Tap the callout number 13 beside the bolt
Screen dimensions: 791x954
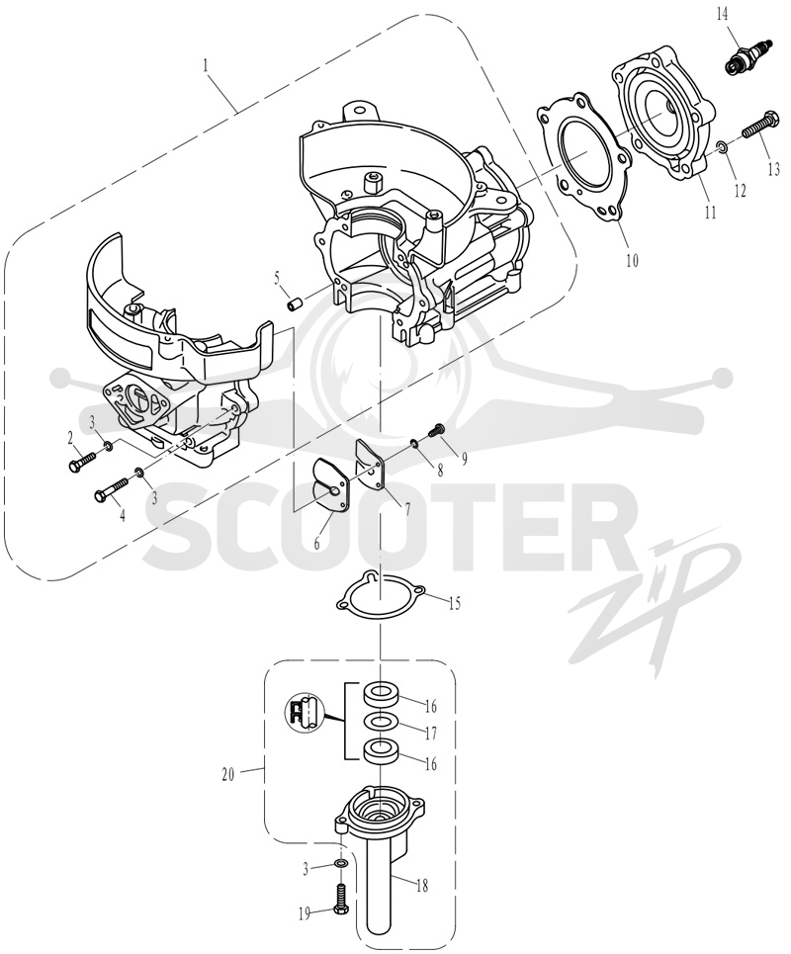(773, 168)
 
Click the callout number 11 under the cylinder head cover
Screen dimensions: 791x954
(710, 213)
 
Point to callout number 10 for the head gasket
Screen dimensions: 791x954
(632, 260)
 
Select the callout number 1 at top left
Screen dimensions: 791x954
(206, 65)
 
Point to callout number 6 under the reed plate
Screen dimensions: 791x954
(317, 543)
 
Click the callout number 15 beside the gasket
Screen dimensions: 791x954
(454, 603)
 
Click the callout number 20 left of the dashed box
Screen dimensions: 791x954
(228, 776)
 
